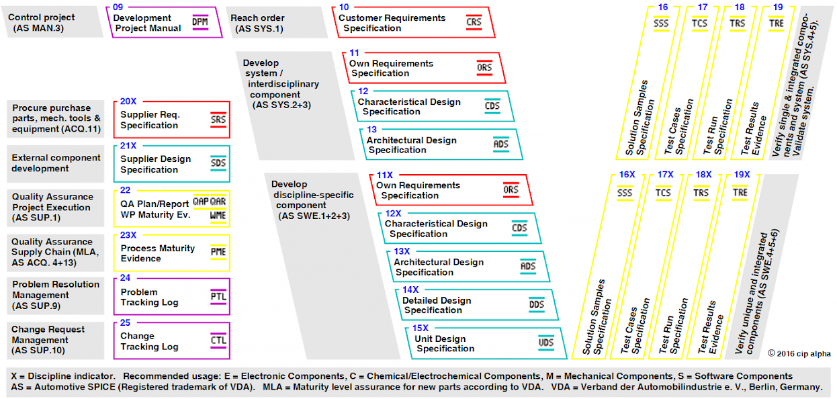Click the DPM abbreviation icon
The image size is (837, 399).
point(200,22)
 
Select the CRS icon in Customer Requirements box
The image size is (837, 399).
point(474,23)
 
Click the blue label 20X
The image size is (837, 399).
point(128,101)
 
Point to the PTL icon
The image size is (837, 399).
point(218,297)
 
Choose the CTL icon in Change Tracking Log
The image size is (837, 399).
point(218,341)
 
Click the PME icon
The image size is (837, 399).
point(218,253)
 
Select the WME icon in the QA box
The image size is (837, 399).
point(218,216)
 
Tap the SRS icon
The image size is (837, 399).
point(218,120)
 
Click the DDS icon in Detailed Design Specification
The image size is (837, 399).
point(536,304)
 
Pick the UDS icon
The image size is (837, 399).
point(545,343)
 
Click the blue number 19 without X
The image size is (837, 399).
point(778,7)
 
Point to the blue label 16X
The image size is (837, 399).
point(627,175)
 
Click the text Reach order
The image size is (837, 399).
point(257,18)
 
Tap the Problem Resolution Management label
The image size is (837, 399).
point(56,295)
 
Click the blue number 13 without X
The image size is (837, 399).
point(372,130)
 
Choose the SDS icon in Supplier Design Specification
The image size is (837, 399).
point(218,163)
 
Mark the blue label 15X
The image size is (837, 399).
point(420,328)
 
